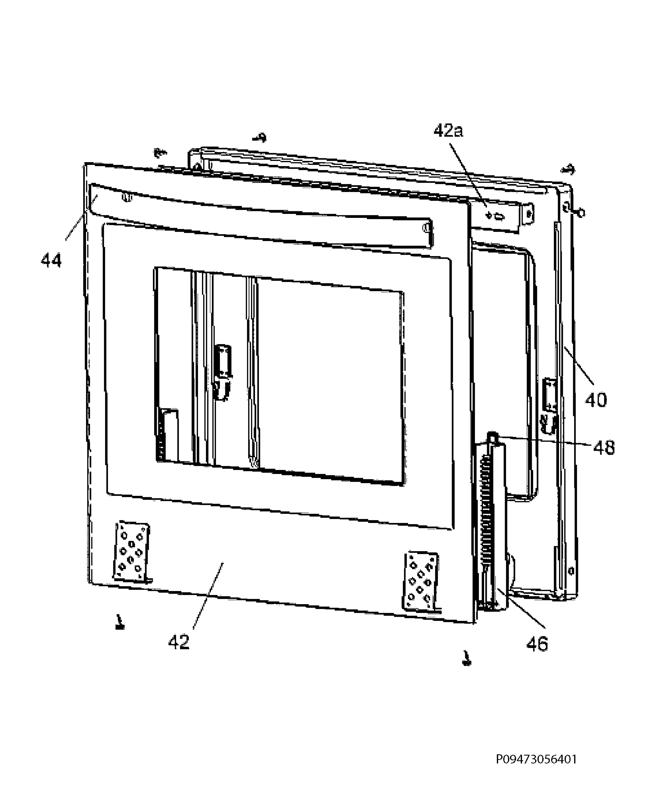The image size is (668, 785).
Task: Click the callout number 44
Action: click(x=51, y=261)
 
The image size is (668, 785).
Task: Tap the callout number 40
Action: click(x=596, y=400)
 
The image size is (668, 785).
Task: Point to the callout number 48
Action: click(x=604, y=448)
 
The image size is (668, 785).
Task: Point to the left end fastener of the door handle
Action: click(x=127, y=197)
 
